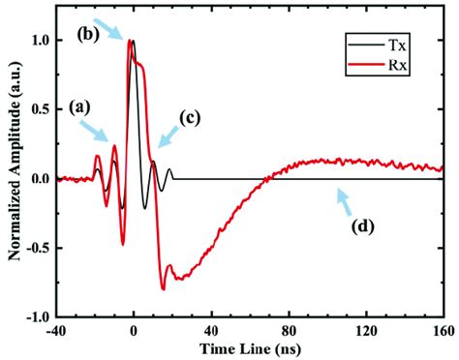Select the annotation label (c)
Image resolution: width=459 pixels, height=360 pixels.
pos(191,118)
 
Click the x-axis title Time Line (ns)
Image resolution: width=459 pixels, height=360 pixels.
pos(251,346)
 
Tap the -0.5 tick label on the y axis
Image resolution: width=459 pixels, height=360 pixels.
pos(39,248)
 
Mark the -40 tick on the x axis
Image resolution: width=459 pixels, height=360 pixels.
pos(57,327)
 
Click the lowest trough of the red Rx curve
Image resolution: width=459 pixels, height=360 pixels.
pos(163,288)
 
